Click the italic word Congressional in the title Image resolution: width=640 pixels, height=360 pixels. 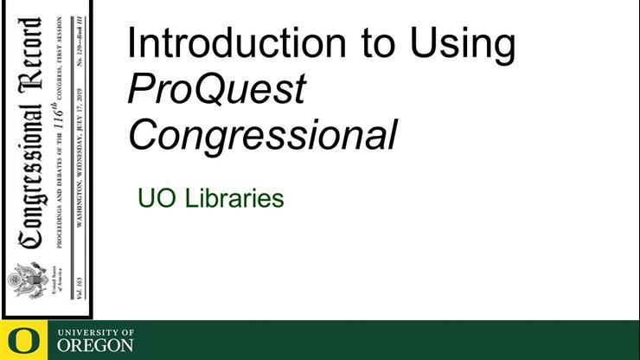pyautogui.click(x=263, y=133)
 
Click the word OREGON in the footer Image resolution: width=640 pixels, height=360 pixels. pyautogui.click(x=95, y=345)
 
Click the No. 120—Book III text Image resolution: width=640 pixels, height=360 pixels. pyautogui.click(x=80, y=34)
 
